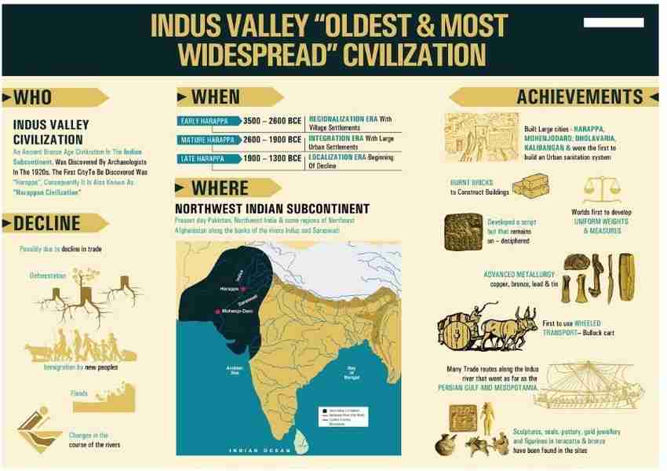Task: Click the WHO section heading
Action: coord(34,97)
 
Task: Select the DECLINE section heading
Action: coord(47,223)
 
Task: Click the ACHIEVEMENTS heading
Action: coord(579,97)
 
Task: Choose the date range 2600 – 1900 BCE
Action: coord(272,140)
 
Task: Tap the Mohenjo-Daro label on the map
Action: coord(239,311)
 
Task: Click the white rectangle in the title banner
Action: coord(614,23)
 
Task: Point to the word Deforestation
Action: coord(49,276)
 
